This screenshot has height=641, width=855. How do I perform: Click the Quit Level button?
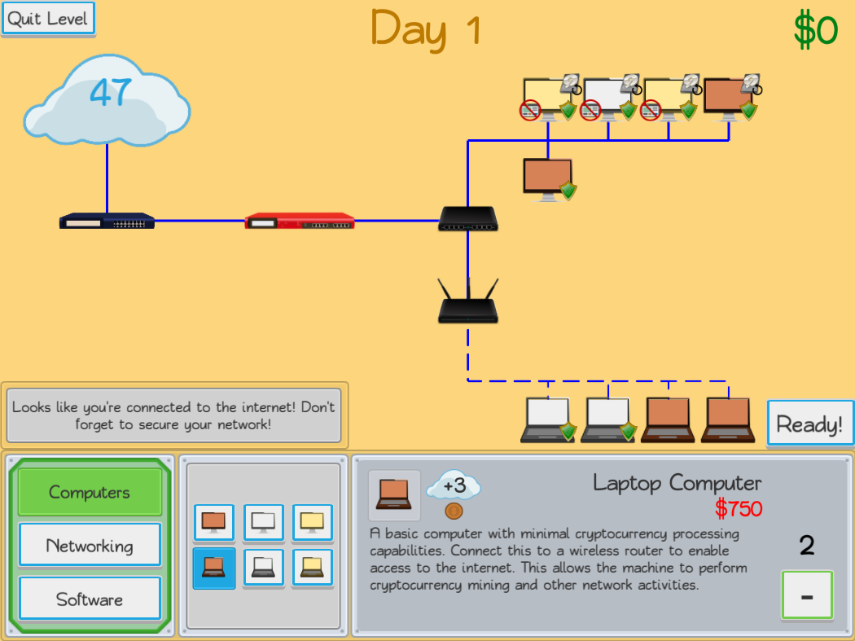pyautogui.click(x=49, y=19)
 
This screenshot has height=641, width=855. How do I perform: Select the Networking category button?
pyautogui.click(x=90, y=546)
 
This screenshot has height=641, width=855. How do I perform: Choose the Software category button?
pyautogui.click(x=90, y=599)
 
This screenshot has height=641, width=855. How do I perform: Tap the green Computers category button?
pyautogui.click(x=90, y=492)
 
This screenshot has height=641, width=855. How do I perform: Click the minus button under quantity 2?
pyautogui.click(x=806, y=595)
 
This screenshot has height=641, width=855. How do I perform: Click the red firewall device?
pyautogui.click(x=300, y=220)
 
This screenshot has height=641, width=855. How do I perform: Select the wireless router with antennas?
pyautogui.click(x=468, y=305)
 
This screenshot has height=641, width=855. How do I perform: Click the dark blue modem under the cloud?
pyautogui.click(x=107, y=221)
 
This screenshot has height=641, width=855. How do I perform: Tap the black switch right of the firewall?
pyautogui.click(x=468, y=218)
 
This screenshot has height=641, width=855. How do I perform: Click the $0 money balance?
pyautogui.click(x=815, y=31)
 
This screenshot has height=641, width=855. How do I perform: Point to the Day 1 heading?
pyautogui.click(x=426, y=29)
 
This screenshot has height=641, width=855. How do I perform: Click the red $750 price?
pyautogui.click(x=739, y=509)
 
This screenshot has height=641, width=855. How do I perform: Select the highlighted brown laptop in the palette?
pyautogui.click(x=213, y=568)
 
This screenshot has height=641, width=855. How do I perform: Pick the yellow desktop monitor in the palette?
pyautogui.click(x=312, y=522)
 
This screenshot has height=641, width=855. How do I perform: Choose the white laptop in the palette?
pyautogui.click(x=263, y=568)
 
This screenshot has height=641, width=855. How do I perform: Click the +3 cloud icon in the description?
pyautogui.click(x=454, y=487)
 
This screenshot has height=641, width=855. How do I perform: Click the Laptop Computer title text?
pyautogui.click(x=677, y=482)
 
